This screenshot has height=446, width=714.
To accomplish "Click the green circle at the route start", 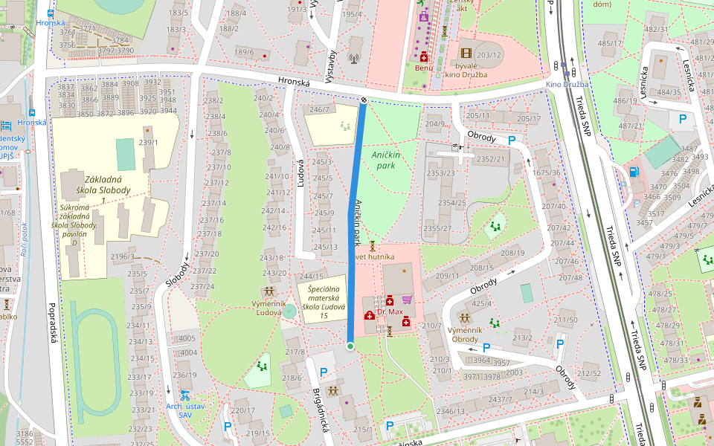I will point(350,346).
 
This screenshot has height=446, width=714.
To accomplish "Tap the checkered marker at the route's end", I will point(364,100).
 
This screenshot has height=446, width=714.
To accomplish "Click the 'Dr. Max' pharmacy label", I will point(390,312).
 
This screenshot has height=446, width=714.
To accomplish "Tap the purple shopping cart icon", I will point(407,300).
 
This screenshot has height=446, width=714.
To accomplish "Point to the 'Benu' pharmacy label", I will point(424,68).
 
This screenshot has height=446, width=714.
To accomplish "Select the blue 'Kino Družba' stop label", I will point(567,84).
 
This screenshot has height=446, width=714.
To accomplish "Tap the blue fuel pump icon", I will point(634,172).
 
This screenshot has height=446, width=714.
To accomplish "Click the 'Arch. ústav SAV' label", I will point(184,410).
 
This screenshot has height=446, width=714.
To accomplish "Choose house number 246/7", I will point(319,110).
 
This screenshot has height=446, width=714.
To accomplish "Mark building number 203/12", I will point(489,55).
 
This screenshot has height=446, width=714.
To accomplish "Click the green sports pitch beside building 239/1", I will point(125,152).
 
